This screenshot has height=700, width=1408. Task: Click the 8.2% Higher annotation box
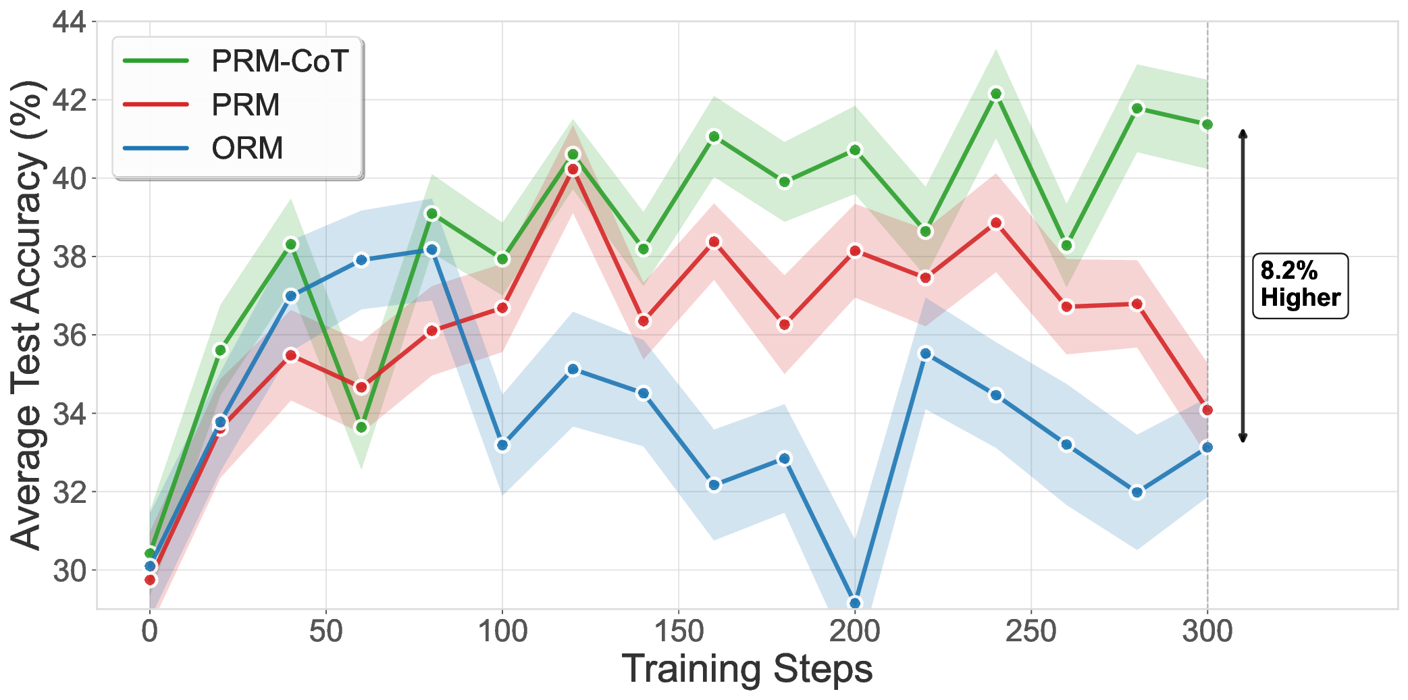(x=1300, y=286)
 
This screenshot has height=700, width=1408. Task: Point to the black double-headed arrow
(x=1243, y=286)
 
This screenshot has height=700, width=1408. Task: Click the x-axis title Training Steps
(x=747, y=669)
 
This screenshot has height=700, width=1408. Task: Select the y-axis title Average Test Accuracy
(x=27, y=315)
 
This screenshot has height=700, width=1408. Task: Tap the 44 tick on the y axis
(x=70, y=22)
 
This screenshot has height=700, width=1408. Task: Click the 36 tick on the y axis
(x=70, y=335)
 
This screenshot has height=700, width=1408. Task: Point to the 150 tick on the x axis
(x=679, y=632)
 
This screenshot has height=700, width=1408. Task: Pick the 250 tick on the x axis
(x=1031, y=632)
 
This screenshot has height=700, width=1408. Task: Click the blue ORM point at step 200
(x=855, y=603)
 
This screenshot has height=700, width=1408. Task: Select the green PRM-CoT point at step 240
(x=996, y=93)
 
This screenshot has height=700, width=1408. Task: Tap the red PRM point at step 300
(x=1207, y=410)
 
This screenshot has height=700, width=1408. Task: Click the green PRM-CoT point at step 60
(x=361, y=427)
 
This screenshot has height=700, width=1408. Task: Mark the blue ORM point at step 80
(x=432, y=250)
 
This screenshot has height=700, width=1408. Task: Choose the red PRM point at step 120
(x=573, y=169)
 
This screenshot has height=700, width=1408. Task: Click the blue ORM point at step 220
(x=926, y=354)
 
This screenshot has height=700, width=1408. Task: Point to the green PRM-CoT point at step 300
(x=1207, y=124)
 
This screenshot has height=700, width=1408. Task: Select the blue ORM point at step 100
(x=502, y=445)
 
